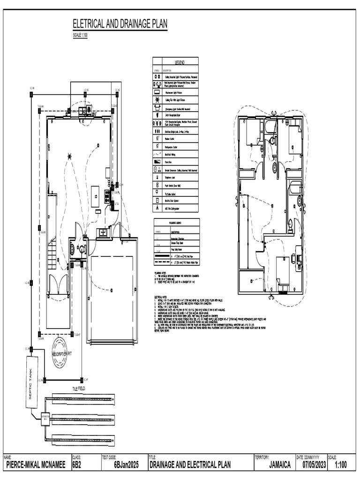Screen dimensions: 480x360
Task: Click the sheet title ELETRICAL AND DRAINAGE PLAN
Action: (119, 24)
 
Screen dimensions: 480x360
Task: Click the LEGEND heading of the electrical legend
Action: (180, 62)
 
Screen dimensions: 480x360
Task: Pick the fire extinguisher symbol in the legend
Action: (157, 208)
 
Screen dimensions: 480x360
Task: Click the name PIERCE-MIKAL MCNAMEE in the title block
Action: (36, 465)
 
